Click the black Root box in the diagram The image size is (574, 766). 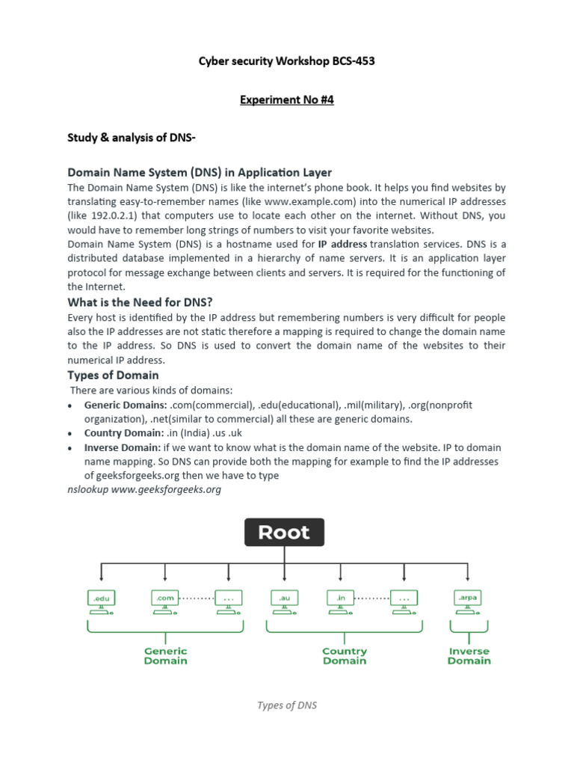coord(284,533)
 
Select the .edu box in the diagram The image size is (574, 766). coord(101,598)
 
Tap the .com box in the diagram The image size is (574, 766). coord(165,598)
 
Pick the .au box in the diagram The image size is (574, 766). coord(284,598)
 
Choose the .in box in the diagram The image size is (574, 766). coord(340,598)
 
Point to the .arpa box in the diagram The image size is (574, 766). coord(468,598)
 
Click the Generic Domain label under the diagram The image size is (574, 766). coord(166,656)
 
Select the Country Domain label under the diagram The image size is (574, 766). coord(345,656)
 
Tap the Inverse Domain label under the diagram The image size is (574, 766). coord(469,656)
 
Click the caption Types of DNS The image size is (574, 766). coord(287,705)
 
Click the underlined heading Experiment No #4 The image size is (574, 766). coord(287,99)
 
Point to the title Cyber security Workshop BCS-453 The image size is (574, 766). coord(287,61)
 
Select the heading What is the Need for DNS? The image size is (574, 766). coord(141,302)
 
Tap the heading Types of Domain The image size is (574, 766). coord(113,375)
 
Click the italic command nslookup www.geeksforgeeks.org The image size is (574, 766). coord(145,489)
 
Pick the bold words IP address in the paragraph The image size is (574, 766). coord(342,244)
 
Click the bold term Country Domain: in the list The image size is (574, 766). coord(123,433)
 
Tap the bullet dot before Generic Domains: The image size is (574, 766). coord(70,405)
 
